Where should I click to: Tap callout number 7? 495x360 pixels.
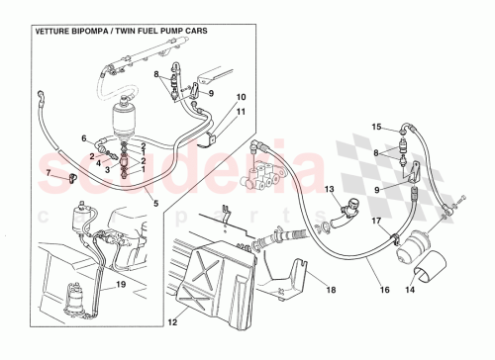tap(48, 173)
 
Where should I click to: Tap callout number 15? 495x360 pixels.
tap(376, 127)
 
